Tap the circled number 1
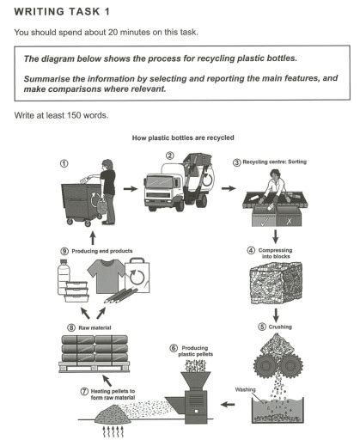pos(62,162)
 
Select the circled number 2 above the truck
pos(169,156)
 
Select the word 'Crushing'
pos(273,327)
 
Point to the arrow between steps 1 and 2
pos(131,187)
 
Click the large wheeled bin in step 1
pos(79,200)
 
